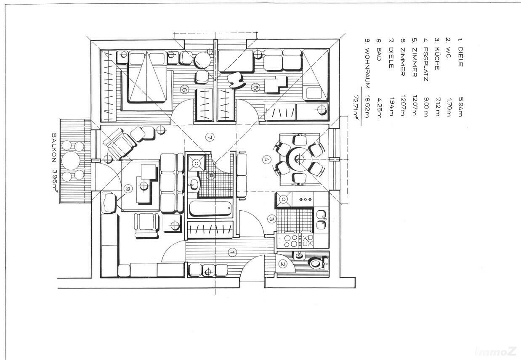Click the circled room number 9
pos(128,188)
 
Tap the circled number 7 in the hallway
pos(209,136)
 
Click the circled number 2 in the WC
pos(283,264)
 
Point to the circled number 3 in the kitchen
pos(272,219)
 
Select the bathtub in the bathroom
pos(210,208)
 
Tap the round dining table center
pos(300,159)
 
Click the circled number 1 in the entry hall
pos(232,252)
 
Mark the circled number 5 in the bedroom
pos(255,87)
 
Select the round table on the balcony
pos(71,160)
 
